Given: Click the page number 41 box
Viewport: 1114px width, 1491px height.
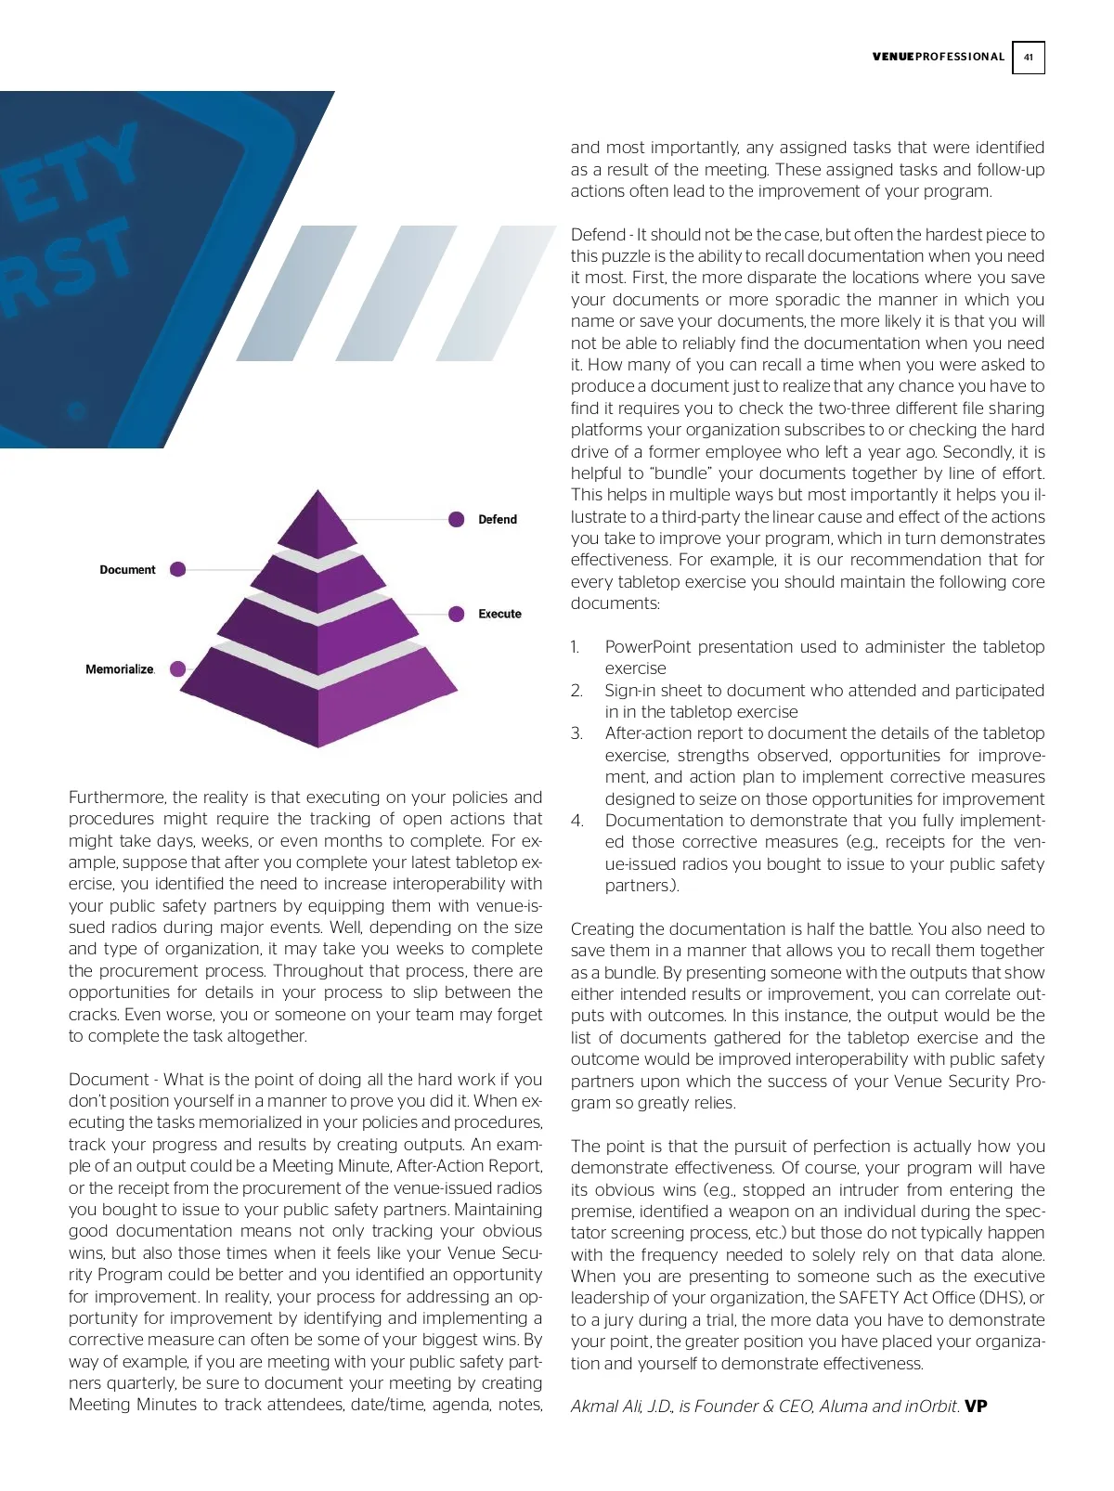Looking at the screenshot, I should (1028, 58).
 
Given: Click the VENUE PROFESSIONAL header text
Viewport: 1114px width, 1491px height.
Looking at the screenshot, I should (938, 57).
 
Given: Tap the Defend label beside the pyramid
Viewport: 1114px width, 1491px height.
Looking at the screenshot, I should (498, 519).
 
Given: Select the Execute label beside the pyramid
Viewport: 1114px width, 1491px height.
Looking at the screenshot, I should (499, 614).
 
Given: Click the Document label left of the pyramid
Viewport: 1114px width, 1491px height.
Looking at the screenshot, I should (127, 569).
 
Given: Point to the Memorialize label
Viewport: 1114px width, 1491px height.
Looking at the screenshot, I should (119, 668).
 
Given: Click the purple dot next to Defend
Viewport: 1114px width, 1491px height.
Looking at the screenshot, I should (457, 519).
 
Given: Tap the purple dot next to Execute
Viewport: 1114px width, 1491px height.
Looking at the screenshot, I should (457, 614).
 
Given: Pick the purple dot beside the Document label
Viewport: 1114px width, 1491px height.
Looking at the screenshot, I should (178, 569).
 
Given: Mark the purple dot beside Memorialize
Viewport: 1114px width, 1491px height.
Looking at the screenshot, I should (178, 668).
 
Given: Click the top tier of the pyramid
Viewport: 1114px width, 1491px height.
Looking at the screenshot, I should (318, 525).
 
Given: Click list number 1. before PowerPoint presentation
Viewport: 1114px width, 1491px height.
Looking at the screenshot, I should (576, 647).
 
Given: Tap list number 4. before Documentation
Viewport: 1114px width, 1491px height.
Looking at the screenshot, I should (576, 821).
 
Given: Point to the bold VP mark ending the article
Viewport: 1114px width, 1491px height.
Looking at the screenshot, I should (976, 1406).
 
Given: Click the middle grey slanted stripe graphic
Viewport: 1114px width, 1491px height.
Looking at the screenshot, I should (394, 292).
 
